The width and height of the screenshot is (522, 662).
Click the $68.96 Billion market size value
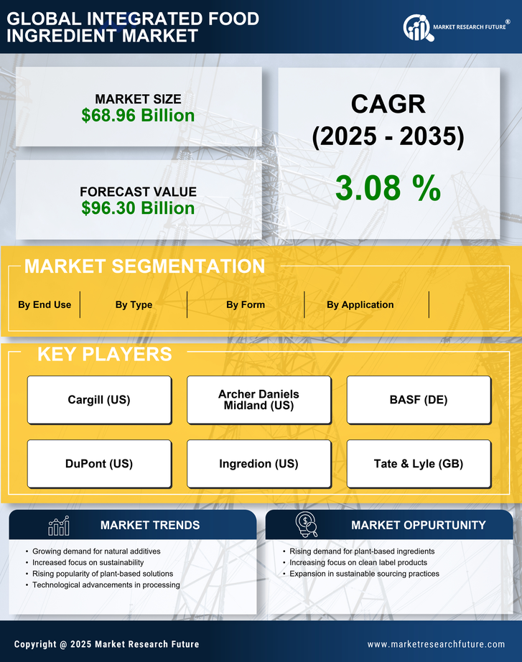(138, 116)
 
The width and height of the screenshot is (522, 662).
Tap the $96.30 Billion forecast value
(138, 208)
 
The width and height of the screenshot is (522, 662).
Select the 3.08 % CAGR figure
(388, 188)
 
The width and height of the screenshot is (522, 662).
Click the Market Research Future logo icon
(416, 27)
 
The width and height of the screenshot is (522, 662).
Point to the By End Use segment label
(45, 304)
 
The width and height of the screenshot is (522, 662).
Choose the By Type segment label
(134, 304)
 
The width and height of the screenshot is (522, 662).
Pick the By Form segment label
(246, 304)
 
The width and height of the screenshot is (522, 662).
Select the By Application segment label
(360, 304)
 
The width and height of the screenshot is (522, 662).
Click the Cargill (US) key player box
(99, 400)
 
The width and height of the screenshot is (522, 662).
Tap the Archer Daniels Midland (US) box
(258, 400)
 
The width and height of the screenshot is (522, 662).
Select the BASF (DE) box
(419, 400)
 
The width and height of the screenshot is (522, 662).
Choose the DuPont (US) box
(99, 464)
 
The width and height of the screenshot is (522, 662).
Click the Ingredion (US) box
(258, 464)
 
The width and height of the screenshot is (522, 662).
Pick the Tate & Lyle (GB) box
(419, 464)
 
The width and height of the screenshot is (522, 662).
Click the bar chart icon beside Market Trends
(58, 526)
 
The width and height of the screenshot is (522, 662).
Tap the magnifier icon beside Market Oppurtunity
(306, 525)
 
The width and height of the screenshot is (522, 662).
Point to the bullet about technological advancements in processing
(106, 585)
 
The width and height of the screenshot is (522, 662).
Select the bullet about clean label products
(358, 562)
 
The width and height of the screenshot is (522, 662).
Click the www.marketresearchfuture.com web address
(436, 644)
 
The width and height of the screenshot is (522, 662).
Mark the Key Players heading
(104, 354)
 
